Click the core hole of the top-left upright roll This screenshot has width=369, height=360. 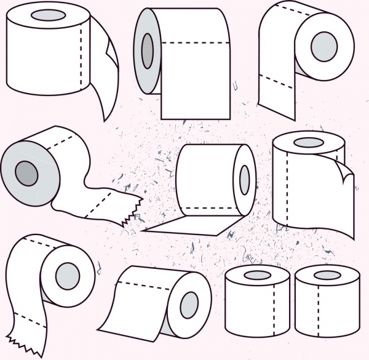point(42,15)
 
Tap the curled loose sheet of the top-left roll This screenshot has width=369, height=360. point(106,74)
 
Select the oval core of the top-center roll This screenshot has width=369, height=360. point(148,50)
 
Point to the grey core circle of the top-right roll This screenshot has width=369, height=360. point(324,46)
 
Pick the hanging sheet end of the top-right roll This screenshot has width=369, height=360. point(274,92)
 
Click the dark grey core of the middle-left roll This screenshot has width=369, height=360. point(27,174)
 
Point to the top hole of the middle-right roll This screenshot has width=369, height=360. point(307,143)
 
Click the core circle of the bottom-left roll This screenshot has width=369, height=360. point(68,276)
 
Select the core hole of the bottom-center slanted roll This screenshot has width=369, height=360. point(189,305)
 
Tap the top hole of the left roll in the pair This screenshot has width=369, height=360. point(257,275)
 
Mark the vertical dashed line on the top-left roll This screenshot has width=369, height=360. point(82,55)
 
